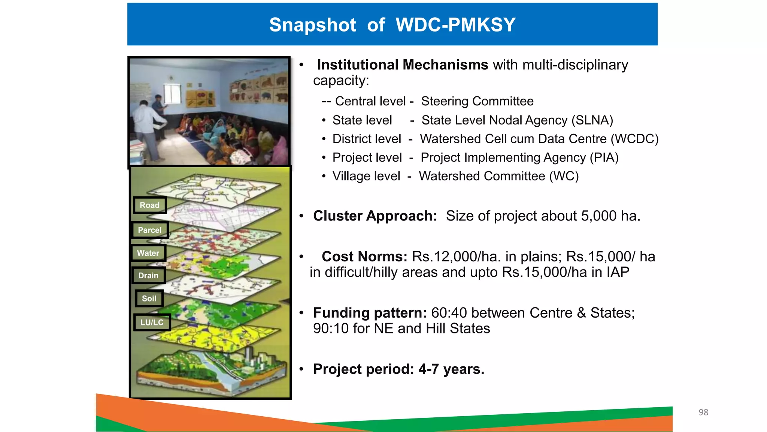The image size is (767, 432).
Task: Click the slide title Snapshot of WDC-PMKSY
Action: [x=392, y=25]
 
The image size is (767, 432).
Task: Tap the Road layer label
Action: [x=150, y=205]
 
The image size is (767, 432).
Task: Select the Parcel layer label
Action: [x=150, y=230]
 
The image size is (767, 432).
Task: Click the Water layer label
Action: [x=148, y=253]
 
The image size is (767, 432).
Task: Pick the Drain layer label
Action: [x=148, y=276]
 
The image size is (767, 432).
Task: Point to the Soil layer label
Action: [x=149, y=298]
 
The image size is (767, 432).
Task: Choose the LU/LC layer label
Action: [x=152, y=322]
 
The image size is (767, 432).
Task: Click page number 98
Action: [x=703, y=412]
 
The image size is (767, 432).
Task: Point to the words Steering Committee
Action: [x=477, y=101]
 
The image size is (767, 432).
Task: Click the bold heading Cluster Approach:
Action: [x=375, y=216]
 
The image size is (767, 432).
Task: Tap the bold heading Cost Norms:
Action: [x=364, y=256]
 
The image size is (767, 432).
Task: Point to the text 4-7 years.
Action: [x=451, y=369]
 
